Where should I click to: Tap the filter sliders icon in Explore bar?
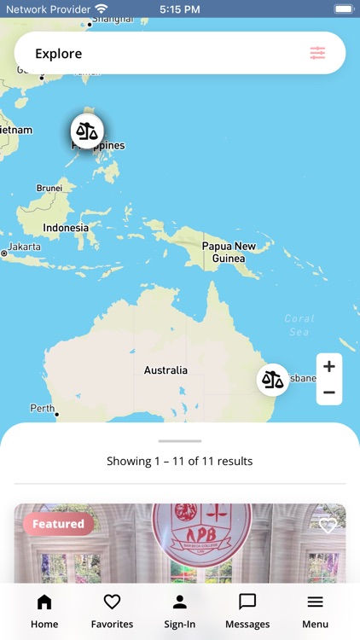click(317, 54)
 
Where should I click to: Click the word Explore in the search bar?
click(59, 54)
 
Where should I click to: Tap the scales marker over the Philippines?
click(86, 131)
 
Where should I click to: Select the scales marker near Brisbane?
click(273, 379)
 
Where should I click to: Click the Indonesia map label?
click(66, 228)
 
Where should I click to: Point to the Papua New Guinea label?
click(228, 253)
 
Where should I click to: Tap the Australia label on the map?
click(165, 370)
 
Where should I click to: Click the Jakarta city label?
click(25, 247)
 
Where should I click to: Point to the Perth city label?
click(43, 409)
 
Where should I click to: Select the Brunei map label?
click(49, 188)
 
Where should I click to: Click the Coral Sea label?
click(299, 325)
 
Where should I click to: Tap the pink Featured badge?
click(58, 524)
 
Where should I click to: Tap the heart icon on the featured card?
click(328, 525)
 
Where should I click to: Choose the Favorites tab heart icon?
click(112, 602)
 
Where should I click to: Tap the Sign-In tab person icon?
click(179, 602)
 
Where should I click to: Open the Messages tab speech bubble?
click(247, 602)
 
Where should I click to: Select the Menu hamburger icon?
click(315, 602)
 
